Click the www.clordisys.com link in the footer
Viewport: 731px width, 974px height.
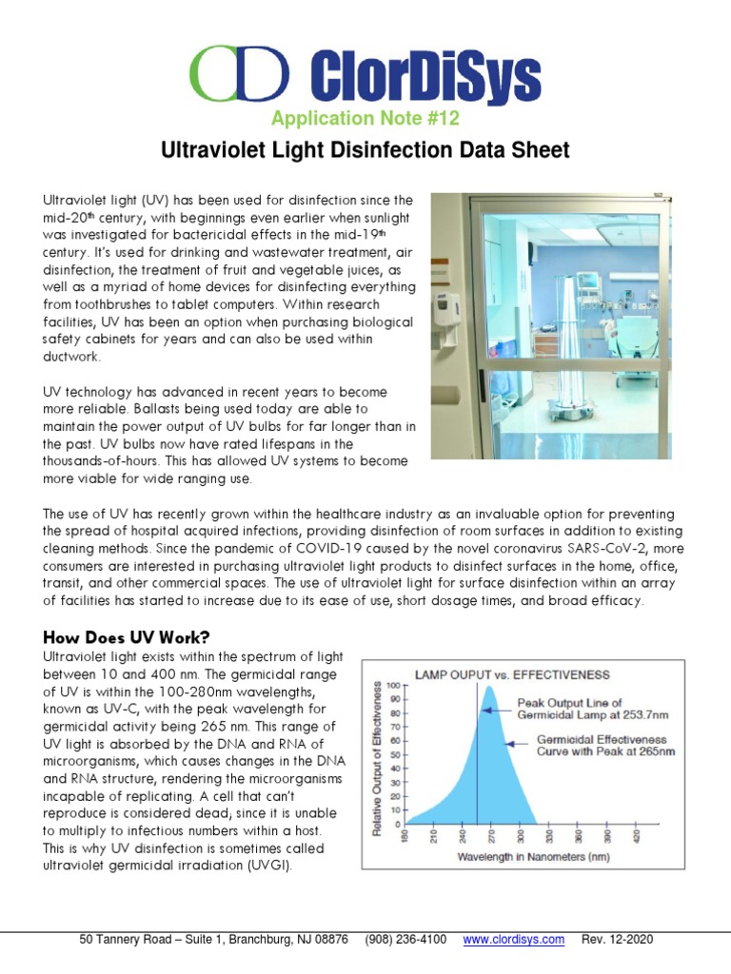coord(513,940)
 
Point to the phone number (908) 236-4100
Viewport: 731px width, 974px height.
coord(405,940)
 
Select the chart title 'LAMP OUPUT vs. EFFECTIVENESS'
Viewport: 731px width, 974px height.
coord(512,674)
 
